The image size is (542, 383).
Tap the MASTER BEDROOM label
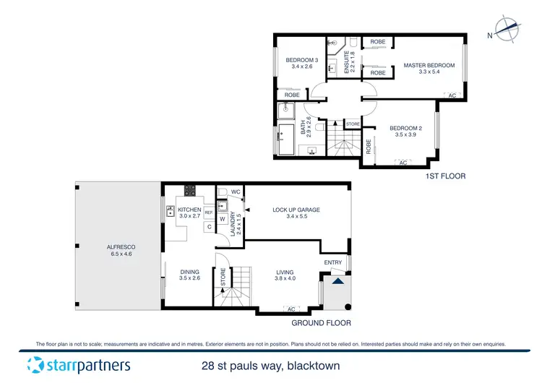[x=429, y=65]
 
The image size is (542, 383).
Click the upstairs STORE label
[x=353, y=124]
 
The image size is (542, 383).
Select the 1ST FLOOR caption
[x=446, y=176]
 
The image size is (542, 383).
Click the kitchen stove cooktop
[x=191, y=191]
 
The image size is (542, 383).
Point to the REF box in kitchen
[x=208, y=212]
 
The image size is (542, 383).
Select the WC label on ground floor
[x=236, y=191]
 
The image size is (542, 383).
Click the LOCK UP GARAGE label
[x=296, y=210]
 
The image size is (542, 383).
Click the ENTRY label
[x=333, y=262]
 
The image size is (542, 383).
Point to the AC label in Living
[x=292, y=309]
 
